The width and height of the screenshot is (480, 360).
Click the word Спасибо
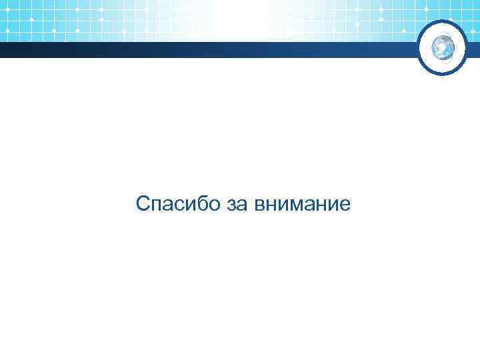178,204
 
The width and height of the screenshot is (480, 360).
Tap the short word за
237,205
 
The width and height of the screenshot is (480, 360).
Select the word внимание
302,205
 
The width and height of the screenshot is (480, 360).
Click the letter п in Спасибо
156,205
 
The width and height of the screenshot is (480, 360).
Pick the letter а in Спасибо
167,205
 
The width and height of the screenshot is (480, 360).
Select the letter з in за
231,205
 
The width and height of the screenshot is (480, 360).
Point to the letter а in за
241,205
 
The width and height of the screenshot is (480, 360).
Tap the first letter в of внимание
259,205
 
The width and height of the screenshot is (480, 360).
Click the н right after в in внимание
270,205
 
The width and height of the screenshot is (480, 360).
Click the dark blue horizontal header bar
200,51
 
